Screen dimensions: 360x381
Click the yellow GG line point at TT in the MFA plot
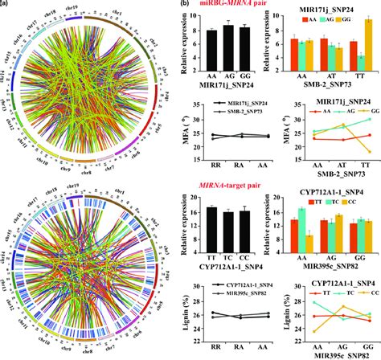coord(368,151)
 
